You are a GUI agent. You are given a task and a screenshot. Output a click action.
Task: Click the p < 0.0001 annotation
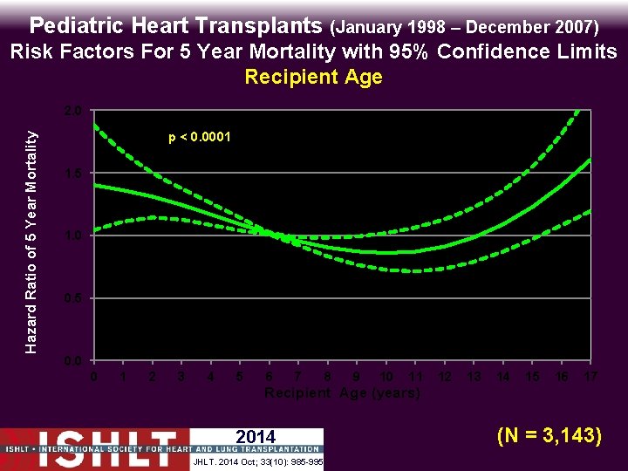pyautogui.click(x=199, y=137)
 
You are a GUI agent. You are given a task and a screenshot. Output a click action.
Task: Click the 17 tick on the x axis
pyautogui.click(x=590, y=377)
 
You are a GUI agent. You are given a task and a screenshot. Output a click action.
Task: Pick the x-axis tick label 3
pyautogui.click(x=181, y=377)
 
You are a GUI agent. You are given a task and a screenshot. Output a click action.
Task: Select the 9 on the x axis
pyautogui.click(x=356, y=377)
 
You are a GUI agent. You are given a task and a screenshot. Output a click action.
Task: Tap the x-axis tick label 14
pyautogui.click(x=503, y=377)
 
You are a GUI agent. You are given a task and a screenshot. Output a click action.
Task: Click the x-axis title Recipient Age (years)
pyautogui.click(x=342, y=393)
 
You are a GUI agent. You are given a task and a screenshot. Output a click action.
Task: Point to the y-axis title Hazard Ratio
pyautogui.click(x=31, y=242)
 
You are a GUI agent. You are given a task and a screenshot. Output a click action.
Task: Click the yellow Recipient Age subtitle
pyautogui.click(x=313, y=77)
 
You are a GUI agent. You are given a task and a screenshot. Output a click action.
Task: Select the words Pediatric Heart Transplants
pyautogui.click(x=178, y=24)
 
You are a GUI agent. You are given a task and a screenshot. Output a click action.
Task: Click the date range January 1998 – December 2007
pyautogui.click(x=465, y=26)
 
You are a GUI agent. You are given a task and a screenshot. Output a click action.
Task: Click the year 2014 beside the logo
pyautogui.click(x=256, y=437)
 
